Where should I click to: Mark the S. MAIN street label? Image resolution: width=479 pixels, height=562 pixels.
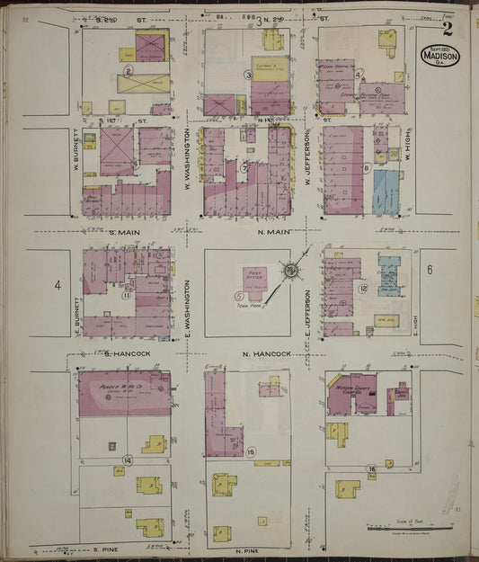click(x=128, y=233)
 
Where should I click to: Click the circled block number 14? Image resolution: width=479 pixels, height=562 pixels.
click(x=128, y=459)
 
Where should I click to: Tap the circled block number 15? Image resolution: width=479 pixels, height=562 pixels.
click(x=251, y=451)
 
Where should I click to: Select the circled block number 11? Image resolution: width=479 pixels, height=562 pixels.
click(x=128, y=295)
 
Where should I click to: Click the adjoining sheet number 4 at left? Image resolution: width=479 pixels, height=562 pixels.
click(x=57, y=286)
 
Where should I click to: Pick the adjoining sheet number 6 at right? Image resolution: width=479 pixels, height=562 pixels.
click(x=430, y=269)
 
